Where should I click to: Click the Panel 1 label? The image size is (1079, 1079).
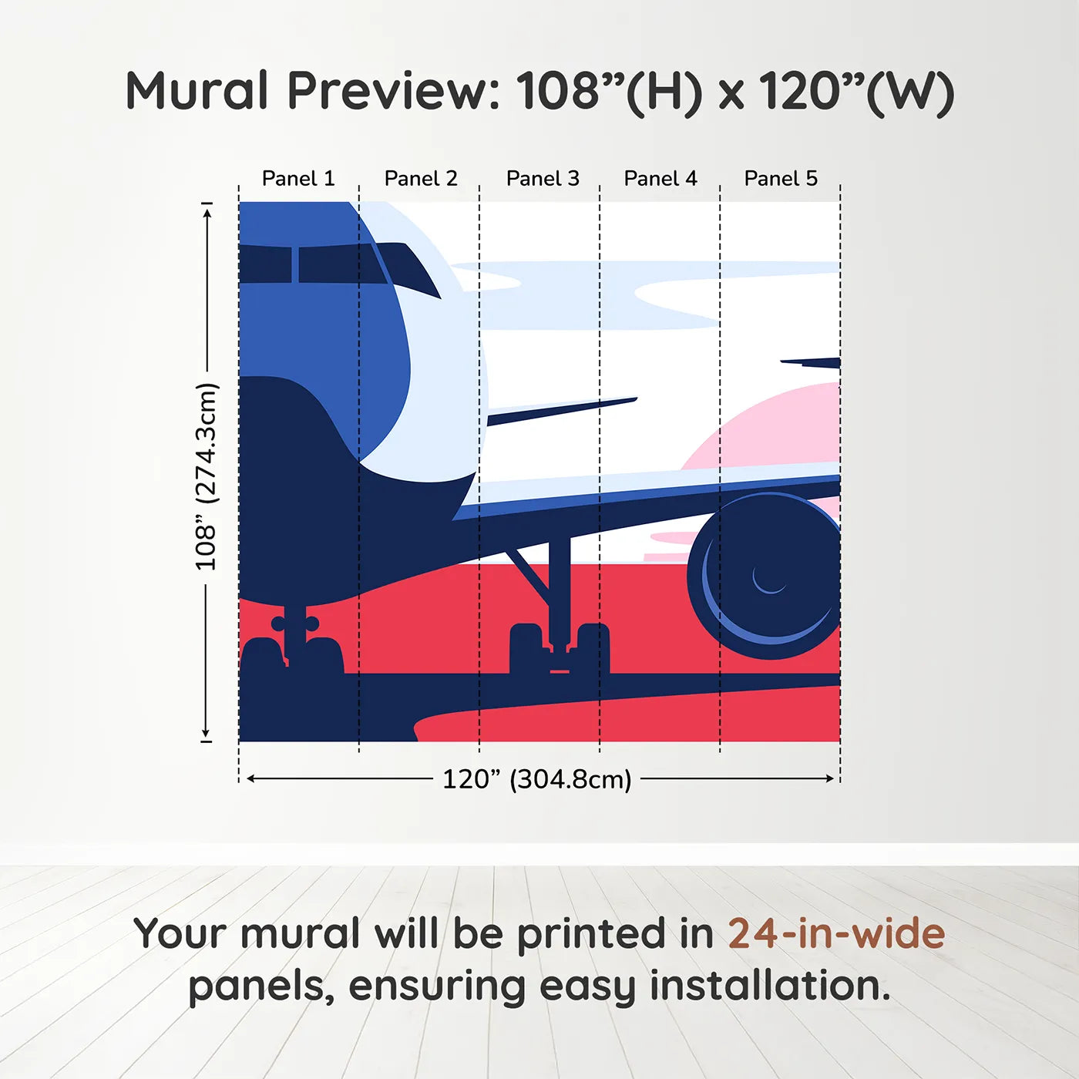(298, 179)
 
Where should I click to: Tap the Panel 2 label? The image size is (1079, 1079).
(421, 179)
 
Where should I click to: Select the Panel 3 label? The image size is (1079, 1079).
(543, 179)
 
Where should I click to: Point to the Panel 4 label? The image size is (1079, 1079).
(661, 179)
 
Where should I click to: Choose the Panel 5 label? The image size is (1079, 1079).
(781, 179)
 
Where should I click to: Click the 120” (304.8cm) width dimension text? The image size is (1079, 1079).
(536, 779)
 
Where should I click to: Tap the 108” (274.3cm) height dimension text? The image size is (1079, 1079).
(206, 476)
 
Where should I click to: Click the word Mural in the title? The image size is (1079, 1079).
(197, 91)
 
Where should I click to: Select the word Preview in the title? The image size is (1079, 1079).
(393, 91)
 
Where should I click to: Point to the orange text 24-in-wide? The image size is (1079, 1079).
(836, 934)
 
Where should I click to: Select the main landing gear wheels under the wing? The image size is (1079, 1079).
(560, 647)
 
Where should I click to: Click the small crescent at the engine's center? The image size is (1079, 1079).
(768, 582)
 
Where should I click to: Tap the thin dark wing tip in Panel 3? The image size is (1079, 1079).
(563, 410)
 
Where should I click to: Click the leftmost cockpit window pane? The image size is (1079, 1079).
(264, 264)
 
